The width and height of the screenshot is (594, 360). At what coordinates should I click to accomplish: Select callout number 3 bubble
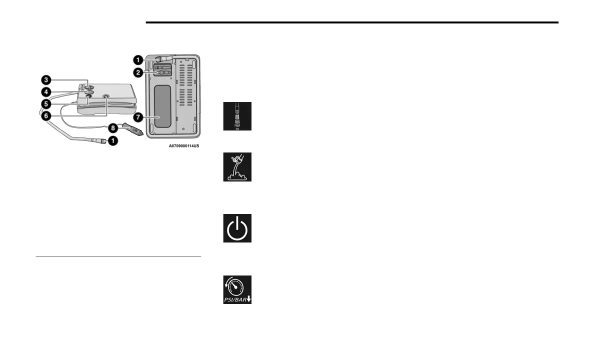pos(45,80)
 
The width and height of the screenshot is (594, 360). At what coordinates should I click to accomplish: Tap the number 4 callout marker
pos(45,91)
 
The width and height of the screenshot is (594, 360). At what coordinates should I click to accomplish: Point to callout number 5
pos(45,104)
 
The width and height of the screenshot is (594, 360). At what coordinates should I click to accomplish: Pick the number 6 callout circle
pos(45,116)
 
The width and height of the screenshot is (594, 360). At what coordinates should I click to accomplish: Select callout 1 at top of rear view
pos(137,59)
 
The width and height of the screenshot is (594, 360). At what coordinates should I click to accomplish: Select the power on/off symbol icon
pos(237,228)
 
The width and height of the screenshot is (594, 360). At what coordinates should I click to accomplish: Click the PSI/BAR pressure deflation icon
pos(237,290)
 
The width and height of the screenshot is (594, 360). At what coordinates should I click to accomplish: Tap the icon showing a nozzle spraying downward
pos(237,116)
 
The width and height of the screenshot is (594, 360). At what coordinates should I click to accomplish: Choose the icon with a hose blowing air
pos(237,167)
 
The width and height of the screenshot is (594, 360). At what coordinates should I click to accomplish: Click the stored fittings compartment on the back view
pos(161,73)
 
